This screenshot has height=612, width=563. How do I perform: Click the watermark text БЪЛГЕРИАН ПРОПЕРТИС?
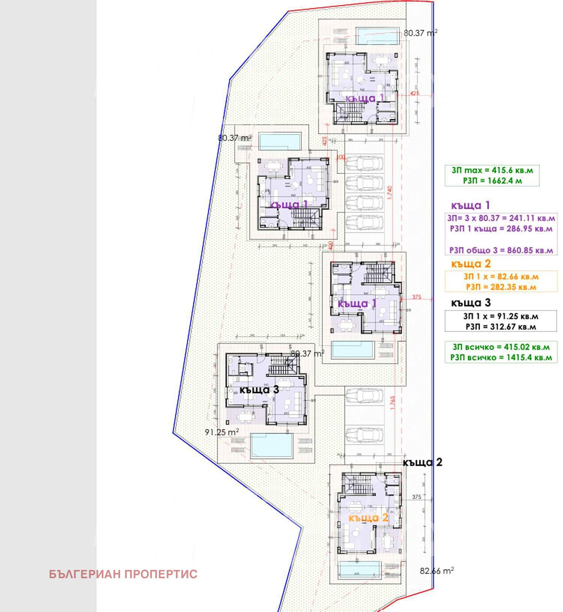pyautogui.click(x=123, y=574)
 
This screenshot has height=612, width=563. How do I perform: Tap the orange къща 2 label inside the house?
pyautogui.click(x=369, y=518)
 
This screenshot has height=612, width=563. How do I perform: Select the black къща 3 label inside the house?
pyautogui.click(x=259, y=390)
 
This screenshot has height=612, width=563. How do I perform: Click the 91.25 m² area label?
pyautogui.click(x=222, y=432)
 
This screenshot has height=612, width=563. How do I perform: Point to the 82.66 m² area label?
pyautogui.click(x=437, y=571)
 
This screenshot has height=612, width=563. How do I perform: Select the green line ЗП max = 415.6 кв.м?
pyautogui.click(x=492, y=170)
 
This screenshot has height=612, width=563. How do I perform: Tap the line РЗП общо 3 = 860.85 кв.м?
pyautogui.click(x=501, y=250)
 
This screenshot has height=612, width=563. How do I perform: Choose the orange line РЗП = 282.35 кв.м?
pyautogui.click(x=501, y=287)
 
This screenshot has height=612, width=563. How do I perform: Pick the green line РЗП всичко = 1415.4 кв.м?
pyautogui.click(x=501, y=357)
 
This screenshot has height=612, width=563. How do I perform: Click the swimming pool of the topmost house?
pyautogui.click(x=378, y=36)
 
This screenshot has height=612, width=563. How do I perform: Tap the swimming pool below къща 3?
pyautogui.click(x=271, y=446)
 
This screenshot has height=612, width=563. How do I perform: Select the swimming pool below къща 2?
pyautogui.click(x=360, y=570)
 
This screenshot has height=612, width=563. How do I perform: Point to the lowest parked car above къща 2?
pyautogui.click(x=364, y=435)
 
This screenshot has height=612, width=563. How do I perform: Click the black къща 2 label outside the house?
pyautogui.click(x=423, y=462)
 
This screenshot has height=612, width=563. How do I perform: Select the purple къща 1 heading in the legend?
pyautogui.click(x=470, y=205)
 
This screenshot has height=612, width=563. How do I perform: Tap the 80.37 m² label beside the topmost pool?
pyautogui.click(x=420, y=33)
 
